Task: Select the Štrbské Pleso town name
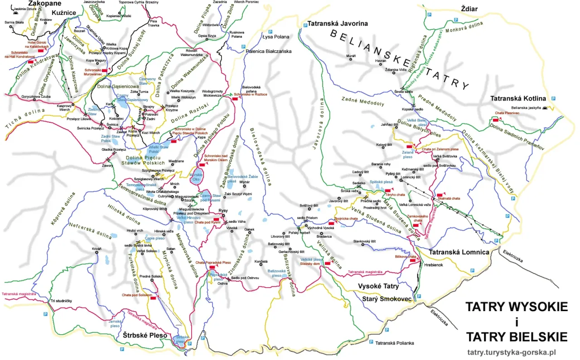coord(145,336)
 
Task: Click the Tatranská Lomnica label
coord(459,252)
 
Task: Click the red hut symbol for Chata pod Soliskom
coord(153,298)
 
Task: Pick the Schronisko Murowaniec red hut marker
coord(104,71)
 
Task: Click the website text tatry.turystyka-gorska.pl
coord(511,353)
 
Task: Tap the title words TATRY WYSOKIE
coord(516,307)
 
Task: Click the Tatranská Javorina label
coord(337,24)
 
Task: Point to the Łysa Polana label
coord(276,37)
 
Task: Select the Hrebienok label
coord(434,265)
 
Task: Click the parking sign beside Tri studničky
coord(44,314)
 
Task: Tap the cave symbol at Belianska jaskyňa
coord(544,108)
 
